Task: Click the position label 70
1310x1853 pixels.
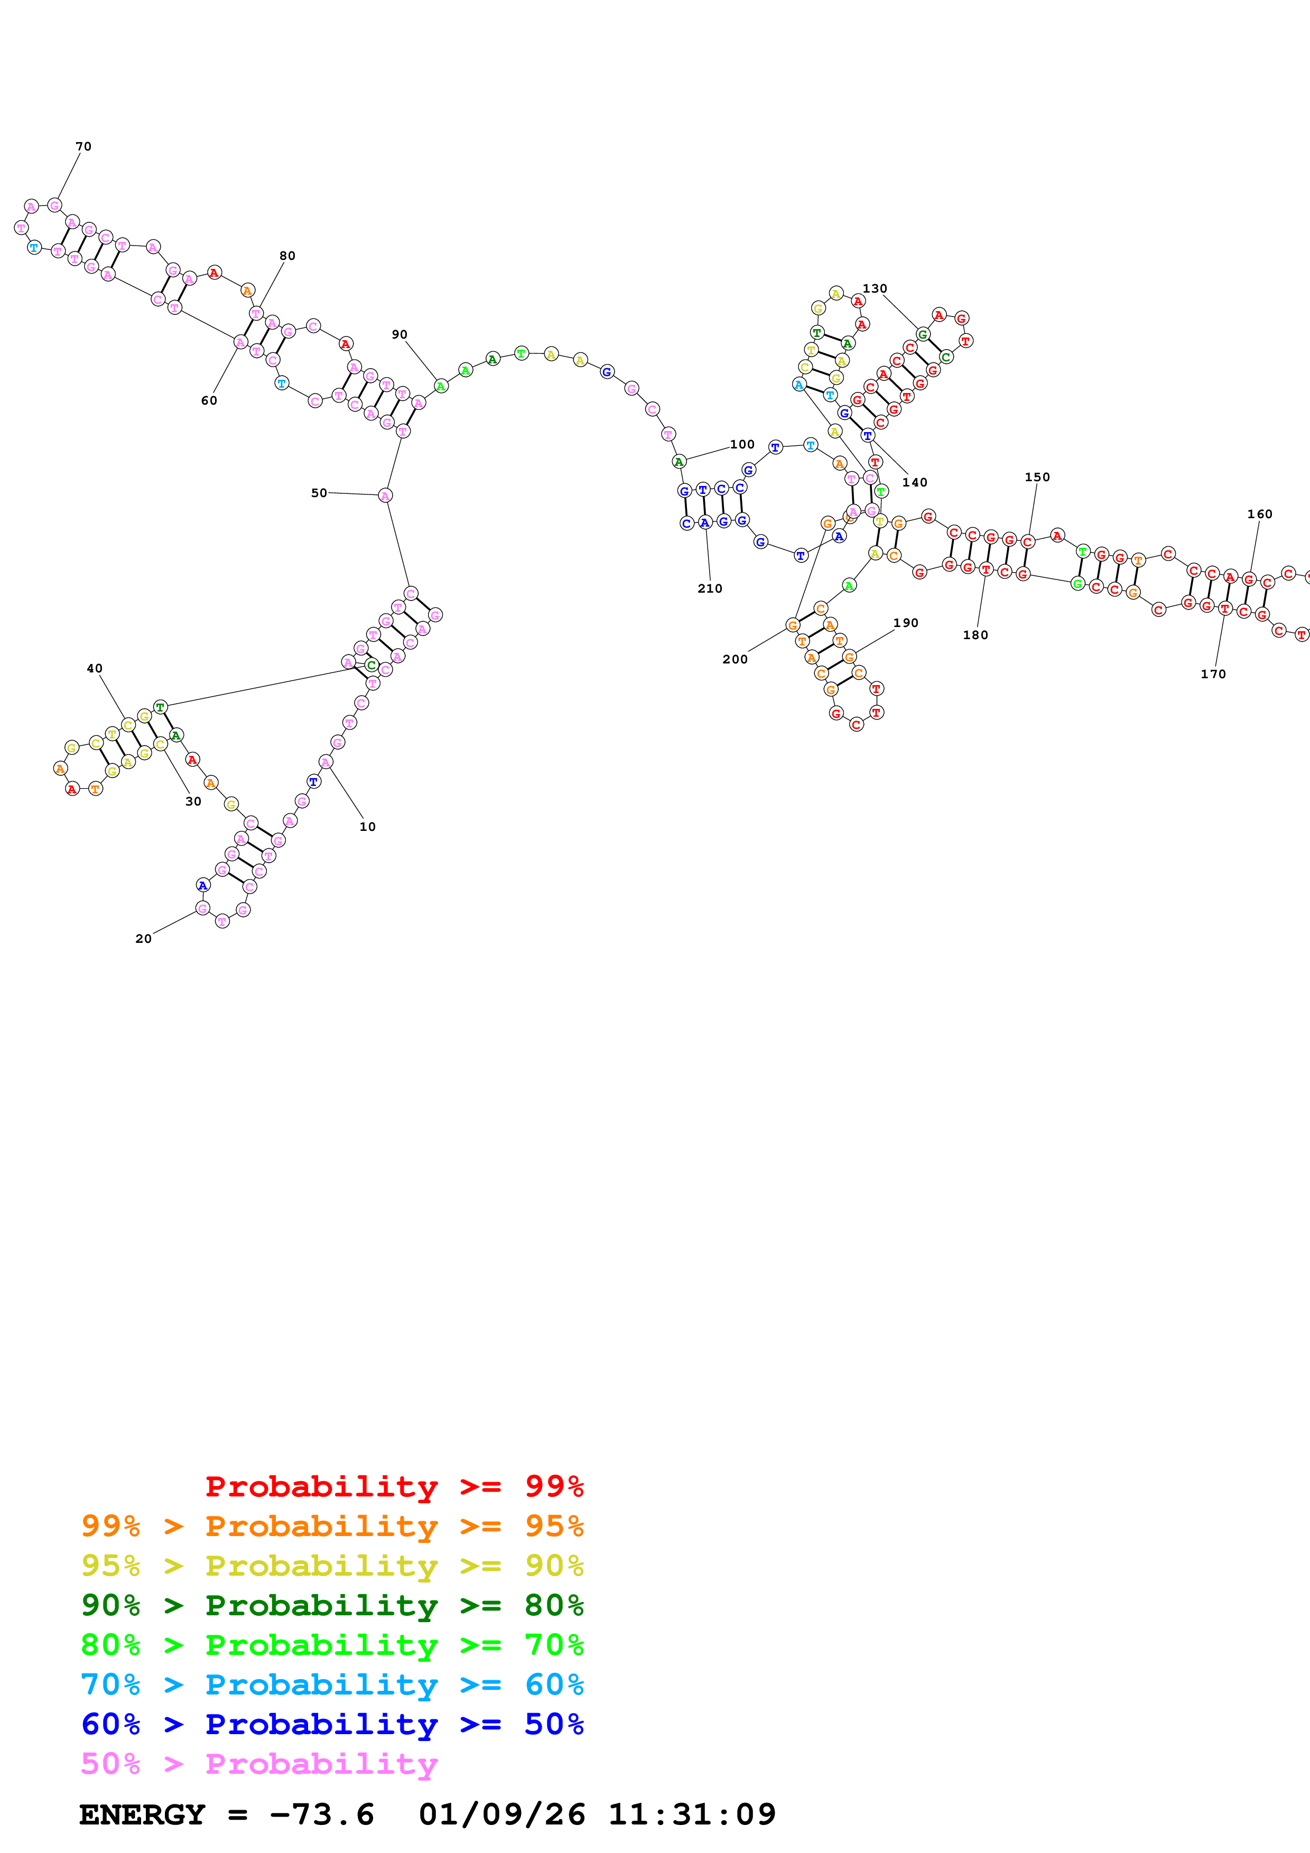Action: pos(83,147)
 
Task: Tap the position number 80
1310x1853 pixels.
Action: pos(287,256)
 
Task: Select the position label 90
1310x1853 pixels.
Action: pos(399,335)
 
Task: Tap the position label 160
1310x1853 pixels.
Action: pos(1259,514)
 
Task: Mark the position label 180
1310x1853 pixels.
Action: pos(975,635)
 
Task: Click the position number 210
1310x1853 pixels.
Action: pos(710,589)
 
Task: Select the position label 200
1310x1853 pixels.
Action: pos(735,659)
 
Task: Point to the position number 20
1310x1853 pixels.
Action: pos(143,939)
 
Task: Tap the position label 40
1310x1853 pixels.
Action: pos(95,668)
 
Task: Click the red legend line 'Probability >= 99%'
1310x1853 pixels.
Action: pos(394,1486)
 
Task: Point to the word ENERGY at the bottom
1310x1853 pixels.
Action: pos(142,1814)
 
